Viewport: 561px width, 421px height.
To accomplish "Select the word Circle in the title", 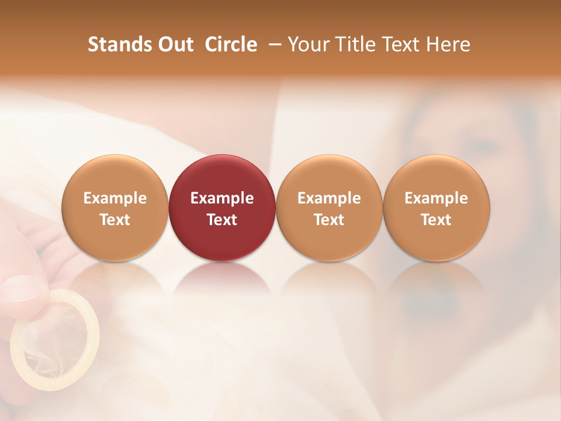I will pyautogui.click(x=231, y=44).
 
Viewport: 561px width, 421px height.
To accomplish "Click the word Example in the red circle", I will pyautogui.click(x=222, y=198).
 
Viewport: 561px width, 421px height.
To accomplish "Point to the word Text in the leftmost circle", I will pyautogui.click(x=115, y=220).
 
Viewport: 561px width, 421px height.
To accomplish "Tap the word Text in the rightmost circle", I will pyautogui.click(x=437, y=220).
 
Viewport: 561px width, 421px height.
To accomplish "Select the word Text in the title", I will pyautogui.click(x=402, y=44).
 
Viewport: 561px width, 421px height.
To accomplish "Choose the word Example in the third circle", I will pyautogui.click(x=329, y=198).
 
